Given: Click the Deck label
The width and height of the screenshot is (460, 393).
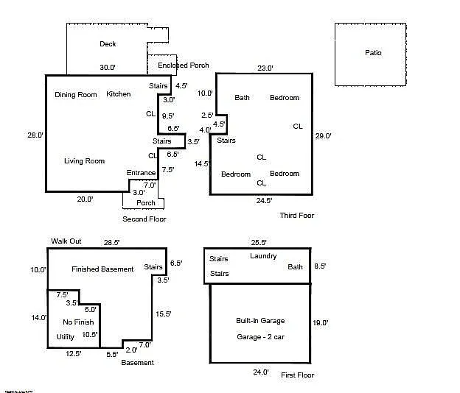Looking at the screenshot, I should click(108, 44).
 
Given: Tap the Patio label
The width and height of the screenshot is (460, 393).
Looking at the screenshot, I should click(373, 53).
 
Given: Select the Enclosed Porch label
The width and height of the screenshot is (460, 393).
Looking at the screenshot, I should click(183, 65).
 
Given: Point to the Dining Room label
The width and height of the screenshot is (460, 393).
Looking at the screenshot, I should click(76, 94).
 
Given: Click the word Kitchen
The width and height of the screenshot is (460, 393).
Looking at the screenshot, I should click(118, 94).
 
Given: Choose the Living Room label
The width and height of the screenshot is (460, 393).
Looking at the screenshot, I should click(84, 161).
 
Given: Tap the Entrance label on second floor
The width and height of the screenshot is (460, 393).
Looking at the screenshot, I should click(141, 173).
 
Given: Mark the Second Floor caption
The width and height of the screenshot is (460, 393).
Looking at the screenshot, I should click(144, 219).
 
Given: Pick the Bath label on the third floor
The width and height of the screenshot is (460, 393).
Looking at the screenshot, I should click(242, 98).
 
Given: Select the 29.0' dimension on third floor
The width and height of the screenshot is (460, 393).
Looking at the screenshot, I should click(323, 136).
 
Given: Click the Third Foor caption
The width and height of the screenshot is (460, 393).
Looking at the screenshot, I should click(296, 216).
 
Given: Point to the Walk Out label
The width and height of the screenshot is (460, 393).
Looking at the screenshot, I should click(66, 241).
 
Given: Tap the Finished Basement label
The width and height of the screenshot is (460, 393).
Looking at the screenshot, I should click(102, 269).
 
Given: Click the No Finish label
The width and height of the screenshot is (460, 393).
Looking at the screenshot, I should click(77, 322).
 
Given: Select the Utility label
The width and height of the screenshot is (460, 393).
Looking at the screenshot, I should click(66, 337).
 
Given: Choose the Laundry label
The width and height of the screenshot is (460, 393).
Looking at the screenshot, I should click(263, 256).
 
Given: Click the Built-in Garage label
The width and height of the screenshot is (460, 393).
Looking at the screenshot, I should click(259, 321).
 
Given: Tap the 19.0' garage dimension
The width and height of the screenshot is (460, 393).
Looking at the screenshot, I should click(320, 322).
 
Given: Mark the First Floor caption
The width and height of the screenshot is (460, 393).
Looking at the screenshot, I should click(297, 375).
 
